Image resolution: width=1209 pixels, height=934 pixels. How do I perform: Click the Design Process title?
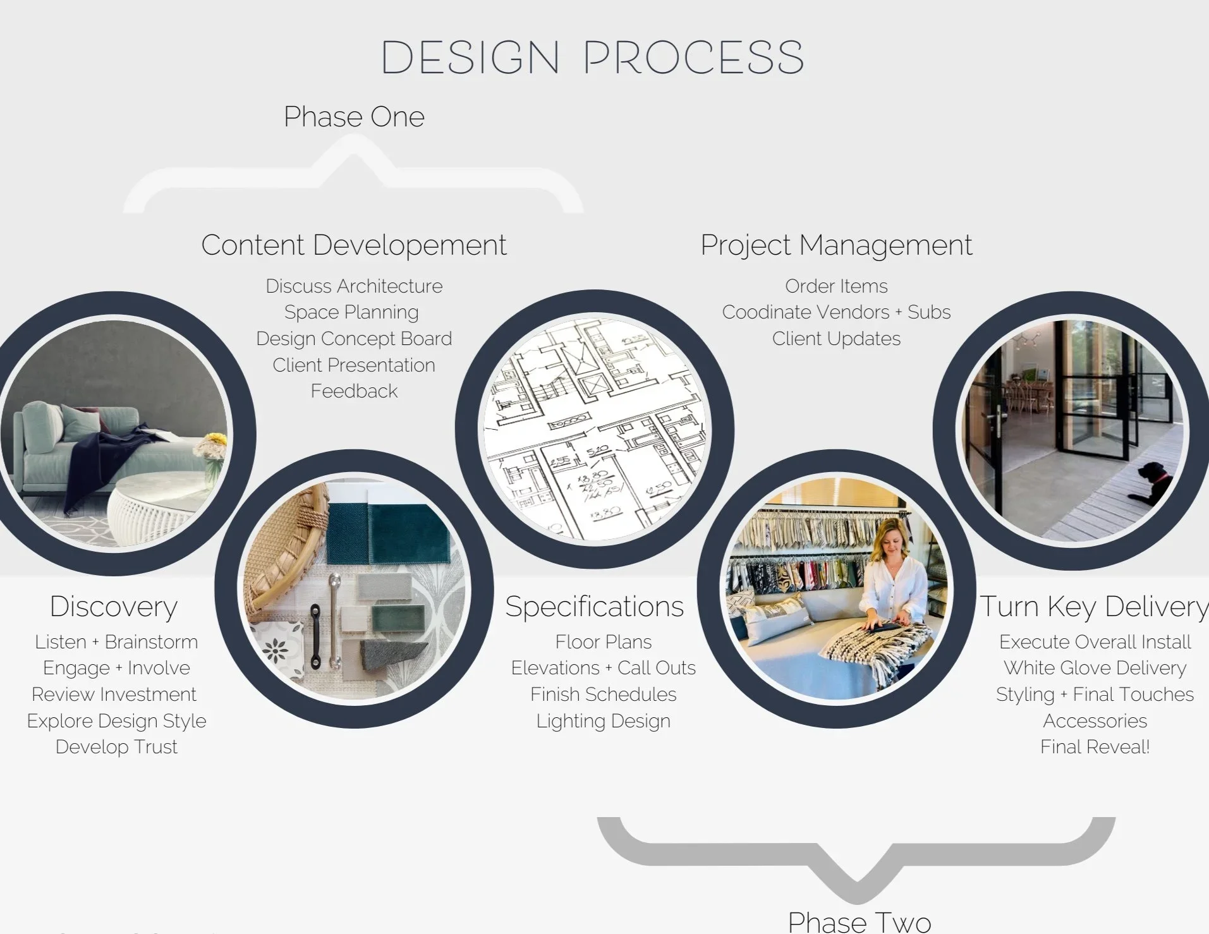point(592,58)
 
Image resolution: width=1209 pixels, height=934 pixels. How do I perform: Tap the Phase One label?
point(354,117)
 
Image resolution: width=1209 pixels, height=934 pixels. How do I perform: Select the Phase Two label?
point(859,921)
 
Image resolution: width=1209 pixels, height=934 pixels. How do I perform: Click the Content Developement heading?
point(354,245)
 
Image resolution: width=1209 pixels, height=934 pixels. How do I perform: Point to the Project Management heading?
point(836,245)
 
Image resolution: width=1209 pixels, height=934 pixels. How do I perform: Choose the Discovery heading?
point(114,607)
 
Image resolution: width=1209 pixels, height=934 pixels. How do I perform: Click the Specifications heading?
point(594,607)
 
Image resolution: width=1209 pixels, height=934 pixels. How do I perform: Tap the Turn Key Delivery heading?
point(1093,607)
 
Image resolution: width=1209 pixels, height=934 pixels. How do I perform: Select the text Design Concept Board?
point(354,339)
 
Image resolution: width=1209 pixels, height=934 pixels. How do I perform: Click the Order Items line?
point(836,286)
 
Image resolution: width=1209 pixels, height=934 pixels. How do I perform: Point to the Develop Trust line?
point(116,747)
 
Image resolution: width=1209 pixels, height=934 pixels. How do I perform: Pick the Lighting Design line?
point(603,721)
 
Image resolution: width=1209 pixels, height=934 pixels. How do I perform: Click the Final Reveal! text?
point(1095,747)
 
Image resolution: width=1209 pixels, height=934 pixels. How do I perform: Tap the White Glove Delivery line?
point(1095,668)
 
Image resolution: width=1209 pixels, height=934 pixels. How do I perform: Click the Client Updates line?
point(836,339)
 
